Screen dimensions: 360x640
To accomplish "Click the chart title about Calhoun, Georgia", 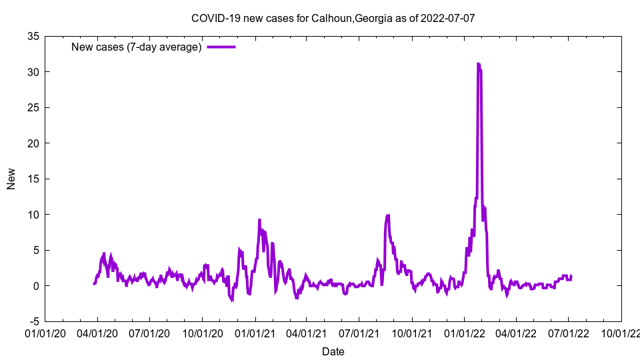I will [333, 18].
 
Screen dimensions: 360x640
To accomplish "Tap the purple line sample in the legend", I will [221, 47].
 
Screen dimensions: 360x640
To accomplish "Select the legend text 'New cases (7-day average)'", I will [136, 47].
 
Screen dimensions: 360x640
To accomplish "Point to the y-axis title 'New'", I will [11, 179].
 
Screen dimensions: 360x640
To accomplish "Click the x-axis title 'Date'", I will [333, 351].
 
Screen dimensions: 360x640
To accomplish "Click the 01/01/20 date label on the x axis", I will [45, 333].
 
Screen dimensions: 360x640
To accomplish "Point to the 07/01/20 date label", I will [150, 333].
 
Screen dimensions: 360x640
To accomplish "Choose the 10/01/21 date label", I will [412, 333].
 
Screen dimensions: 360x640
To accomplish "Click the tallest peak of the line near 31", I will [479, 64].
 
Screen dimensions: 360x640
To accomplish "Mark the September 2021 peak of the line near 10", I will [387, 215].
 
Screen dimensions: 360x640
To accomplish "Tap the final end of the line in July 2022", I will [571, 276].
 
